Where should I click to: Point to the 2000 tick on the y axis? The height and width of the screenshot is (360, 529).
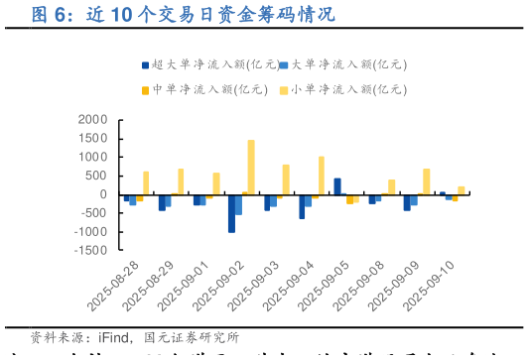[x=92, y=120]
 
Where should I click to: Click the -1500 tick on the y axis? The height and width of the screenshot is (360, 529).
[x=90, y=251]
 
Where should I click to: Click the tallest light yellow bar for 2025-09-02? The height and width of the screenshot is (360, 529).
[x=251, y=167]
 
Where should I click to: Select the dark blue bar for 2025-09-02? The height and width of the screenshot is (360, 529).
[x=231, y=213]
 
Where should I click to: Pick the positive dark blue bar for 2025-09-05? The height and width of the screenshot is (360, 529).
[x=337, y=186]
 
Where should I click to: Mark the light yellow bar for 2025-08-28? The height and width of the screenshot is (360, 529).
[x=146, y=182]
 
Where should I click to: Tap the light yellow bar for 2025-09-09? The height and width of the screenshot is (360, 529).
[x=427, y=181]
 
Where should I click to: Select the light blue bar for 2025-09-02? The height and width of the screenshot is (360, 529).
[x=238, y=204]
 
